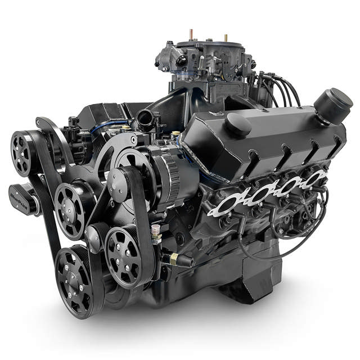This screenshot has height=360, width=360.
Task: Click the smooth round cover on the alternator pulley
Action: click(x=119, y=181)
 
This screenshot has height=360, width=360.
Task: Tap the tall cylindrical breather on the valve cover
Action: click(x=332, y=106)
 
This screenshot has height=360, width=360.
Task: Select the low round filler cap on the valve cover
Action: click(x=238, y=124)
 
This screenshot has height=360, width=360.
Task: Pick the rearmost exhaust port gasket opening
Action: click(x=314, y=179)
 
